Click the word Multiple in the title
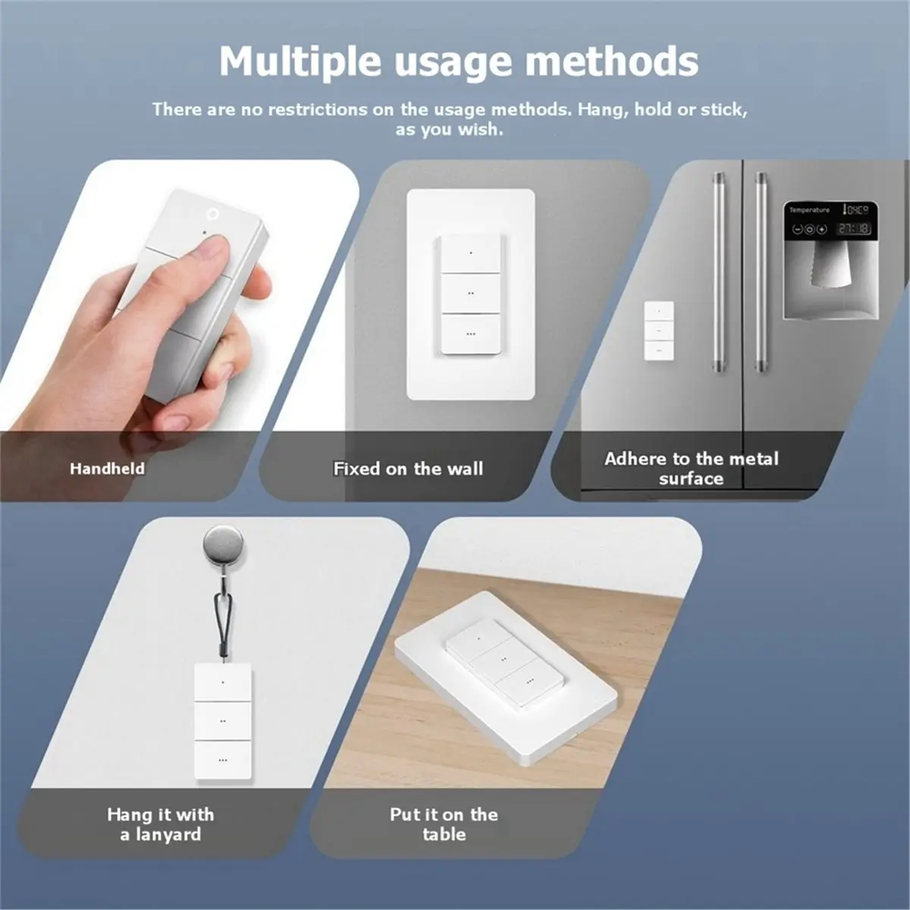[300, 61]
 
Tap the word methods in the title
[612, 61]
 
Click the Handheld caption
[107, 469]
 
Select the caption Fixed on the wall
[408, 469]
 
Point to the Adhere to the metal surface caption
[691, 469]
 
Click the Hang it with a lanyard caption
[161, 824]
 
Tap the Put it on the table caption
[444, 824]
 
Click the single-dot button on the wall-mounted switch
[470, 253]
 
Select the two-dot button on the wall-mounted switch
[470, 293]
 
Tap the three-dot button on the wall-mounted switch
[470, 334]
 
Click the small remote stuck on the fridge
[659, 331]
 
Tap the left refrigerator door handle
[719, 272]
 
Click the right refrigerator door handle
[761, 272]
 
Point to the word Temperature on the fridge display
[809, 210]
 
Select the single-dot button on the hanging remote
[223, 682]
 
